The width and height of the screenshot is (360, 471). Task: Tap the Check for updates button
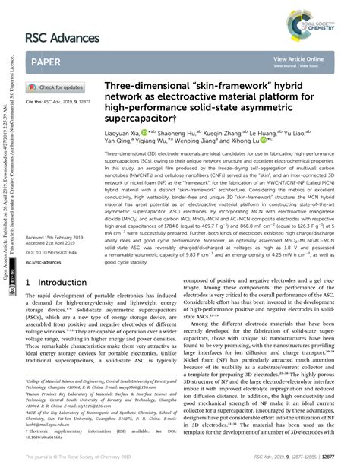pos(60,87)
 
